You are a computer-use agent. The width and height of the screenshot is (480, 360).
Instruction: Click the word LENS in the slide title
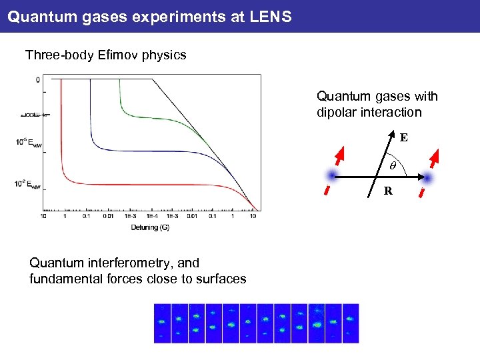click(271, 16)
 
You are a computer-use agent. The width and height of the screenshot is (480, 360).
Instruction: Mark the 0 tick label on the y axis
click(38, 80)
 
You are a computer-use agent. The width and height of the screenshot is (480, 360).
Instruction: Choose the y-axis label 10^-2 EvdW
click(23, 184)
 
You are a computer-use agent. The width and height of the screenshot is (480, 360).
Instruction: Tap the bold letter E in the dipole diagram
click(404, 138)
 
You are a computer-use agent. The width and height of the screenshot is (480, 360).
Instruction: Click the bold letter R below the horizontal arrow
click(387, 192)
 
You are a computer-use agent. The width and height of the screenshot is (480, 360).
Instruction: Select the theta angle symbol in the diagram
click(393, 163)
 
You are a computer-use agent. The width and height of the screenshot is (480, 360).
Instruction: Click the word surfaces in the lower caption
click(222, 279)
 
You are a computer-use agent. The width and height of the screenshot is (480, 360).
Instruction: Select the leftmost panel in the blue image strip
click(162, 323)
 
